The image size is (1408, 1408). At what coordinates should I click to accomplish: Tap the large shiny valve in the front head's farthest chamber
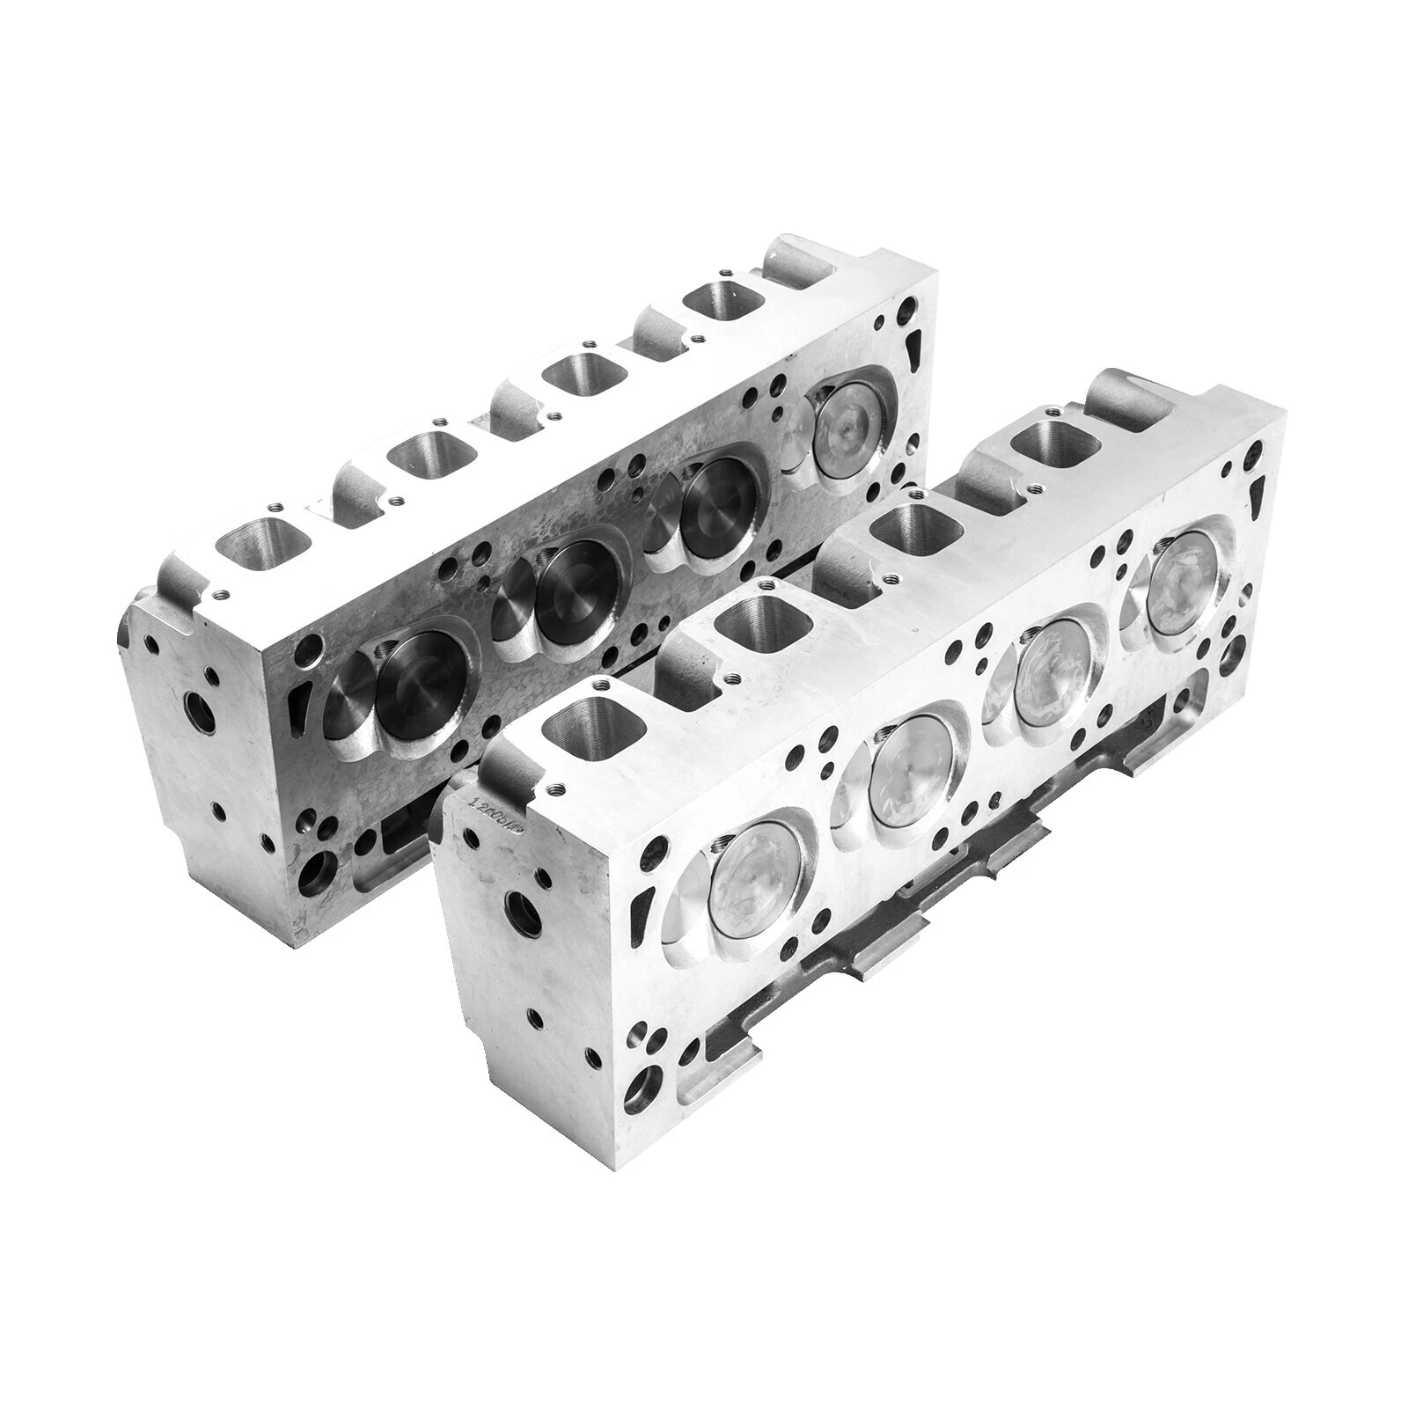tap(1185, 576)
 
